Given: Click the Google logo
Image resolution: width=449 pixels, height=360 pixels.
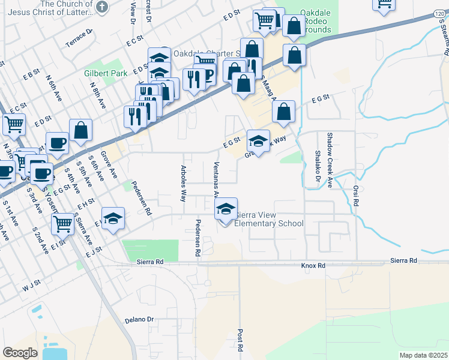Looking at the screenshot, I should click(x=20, y=353).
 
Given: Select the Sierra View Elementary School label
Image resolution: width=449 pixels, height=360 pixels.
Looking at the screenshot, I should click(x=269, y=219).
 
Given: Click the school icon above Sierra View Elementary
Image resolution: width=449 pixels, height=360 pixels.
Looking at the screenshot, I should click(x=226, y=209).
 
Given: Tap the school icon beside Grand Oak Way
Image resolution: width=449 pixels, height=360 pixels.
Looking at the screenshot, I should click(x=258, y=142).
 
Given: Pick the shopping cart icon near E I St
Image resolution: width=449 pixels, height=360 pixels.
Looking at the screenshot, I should click(x=62, y=224).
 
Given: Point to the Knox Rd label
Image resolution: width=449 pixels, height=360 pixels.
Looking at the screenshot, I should click(x=313, y=265).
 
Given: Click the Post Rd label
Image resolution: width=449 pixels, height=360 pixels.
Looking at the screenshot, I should click(x=240, y=340).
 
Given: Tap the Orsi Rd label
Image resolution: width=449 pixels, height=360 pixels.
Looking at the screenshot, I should click(x=355, y=196).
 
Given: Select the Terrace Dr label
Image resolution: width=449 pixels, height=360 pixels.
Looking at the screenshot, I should click(x=80, y=38).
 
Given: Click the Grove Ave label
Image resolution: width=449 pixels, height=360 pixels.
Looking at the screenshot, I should click(x=108, y=166).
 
